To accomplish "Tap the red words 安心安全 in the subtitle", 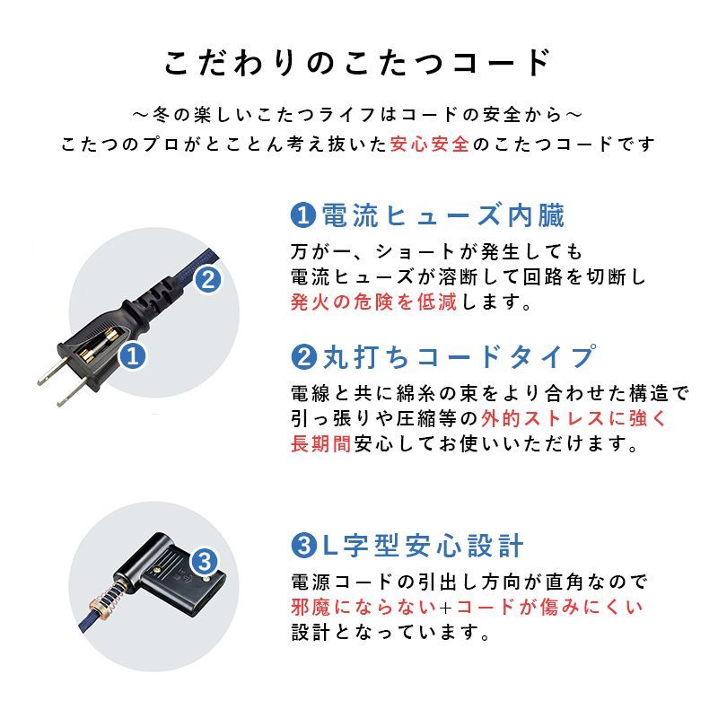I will click(x=430, y=144).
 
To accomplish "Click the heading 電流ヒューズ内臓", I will click(x=429, y=215).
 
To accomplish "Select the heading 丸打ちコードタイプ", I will click(x=444, y=357).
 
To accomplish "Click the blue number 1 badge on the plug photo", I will click(x=133, y=356).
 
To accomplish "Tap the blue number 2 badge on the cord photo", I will click(x=207, y=279).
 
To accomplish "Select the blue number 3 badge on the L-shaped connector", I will click(x=204, y=564).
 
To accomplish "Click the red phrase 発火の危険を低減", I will click(x=373, y=302).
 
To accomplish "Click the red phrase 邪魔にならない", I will click(x=363, y=607).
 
